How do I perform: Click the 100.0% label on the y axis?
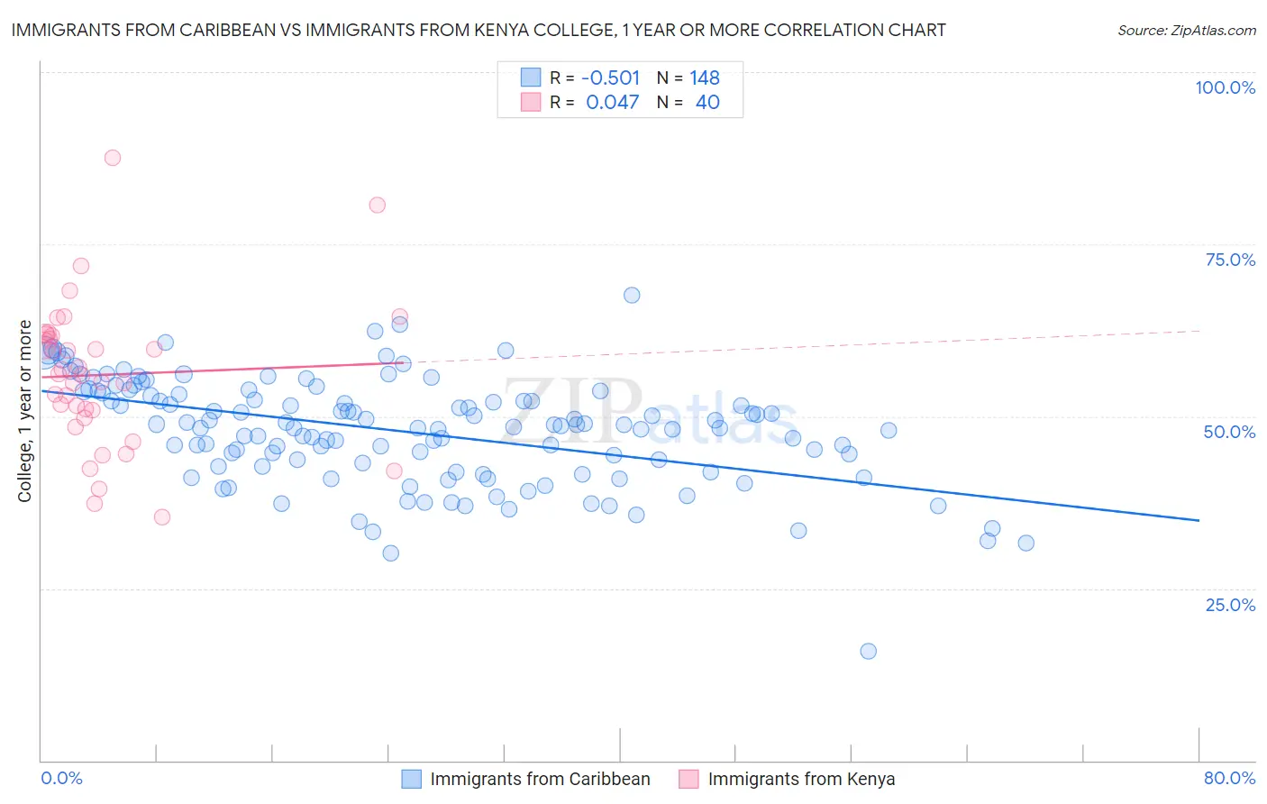pos(1225,87)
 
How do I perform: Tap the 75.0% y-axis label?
pos(1230,260)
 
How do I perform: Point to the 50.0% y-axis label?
pos(1229,432)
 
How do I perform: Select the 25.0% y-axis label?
pos(1230,604)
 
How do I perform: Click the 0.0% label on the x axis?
pos(61,778)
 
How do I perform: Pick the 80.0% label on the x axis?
pos(1229,778)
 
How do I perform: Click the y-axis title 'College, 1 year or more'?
pos(25,411)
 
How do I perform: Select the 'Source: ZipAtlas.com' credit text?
pos(1186,30)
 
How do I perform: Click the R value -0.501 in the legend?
pos(611,78)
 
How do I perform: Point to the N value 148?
pos(705,78)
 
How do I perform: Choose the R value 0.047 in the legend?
pos(613,103)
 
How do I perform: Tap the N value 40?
pos(707,103)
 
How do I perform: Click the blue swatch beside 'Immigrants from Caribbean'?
pos(411,779)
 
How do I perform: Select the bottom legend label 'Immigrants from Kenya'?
pos(801,779)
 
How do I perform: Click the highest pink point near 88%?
pos(113,158)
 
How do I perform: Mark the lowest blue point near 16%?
pos(868,651)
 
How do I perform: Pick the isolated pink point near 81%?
pos(378,206)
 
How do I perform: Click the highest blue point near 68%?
pos(632,296)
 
